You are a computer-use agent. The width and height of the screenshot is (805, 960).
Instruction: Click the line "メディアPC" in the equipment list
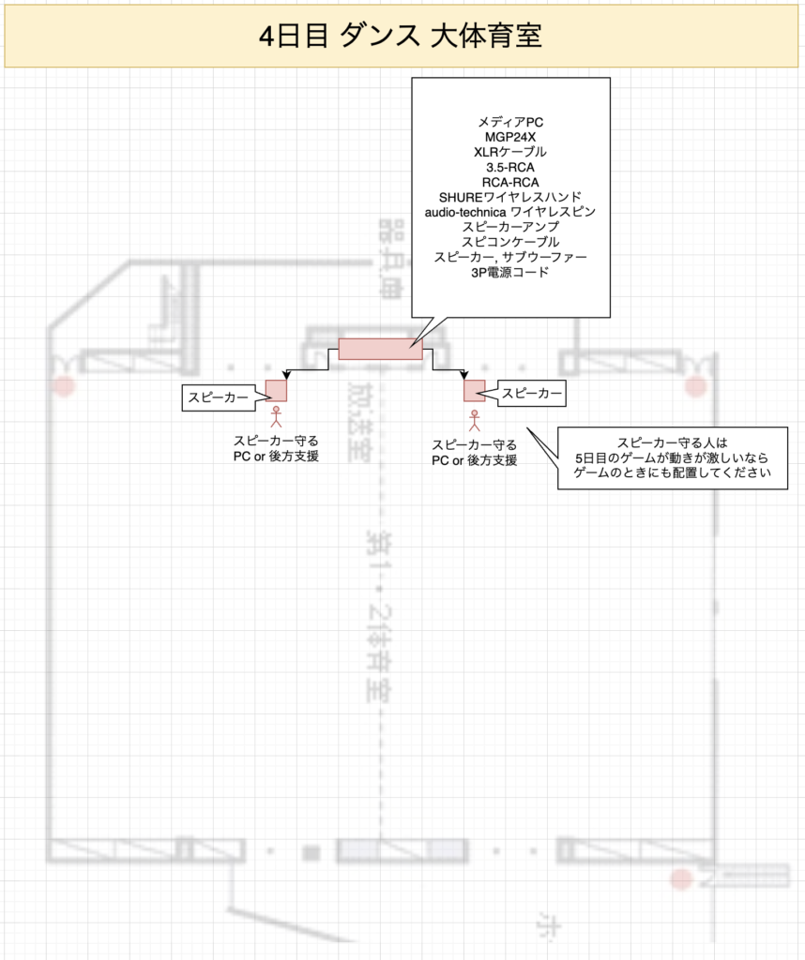click(510, 121)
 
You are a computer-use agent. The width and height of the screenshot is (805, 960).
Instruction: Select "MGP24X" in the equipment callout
click(510, 136)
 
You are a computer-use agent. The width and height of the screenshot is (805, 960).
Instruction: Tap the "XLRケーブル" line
click(510, 151)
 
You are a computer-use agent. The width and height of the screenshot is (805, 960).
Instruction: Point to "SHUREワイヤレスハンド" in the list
click(510, 197)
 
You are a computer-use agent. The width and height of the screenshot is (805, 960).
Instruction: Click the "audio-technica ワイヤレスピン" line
click(510, 212)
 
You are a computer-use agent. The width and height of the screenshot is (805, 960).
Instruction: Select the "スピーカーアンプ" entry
click(510, 227)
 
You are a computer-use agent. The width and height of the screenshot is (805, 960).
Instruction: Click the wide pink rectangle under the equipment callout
click(380, 349)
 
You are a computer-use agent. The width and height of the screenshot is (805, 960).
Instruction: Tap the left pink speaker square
click(276, 390)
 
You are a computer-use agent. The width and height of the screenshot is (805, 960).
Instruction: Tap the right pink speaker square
click(474, 390)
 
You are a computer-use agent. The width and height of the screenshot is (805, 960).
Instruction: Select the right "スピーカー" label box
click(532, 394)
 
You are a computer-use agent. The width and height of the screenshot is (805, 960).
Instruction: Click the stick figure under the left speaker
click(276, 415)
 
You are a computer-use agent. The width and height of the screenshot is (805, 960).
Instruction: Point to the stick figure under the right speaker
click(474, 416)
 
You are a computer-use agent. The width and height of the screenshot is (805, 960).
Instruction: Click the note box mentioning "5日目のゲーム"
click(673, 457)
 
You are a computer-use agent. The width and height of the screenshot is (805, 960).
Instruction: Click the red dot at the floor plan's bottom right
click(682, 878)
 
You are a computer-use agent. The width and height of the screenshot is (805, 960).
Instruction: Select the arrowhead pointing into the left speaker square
click(285, 376)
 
